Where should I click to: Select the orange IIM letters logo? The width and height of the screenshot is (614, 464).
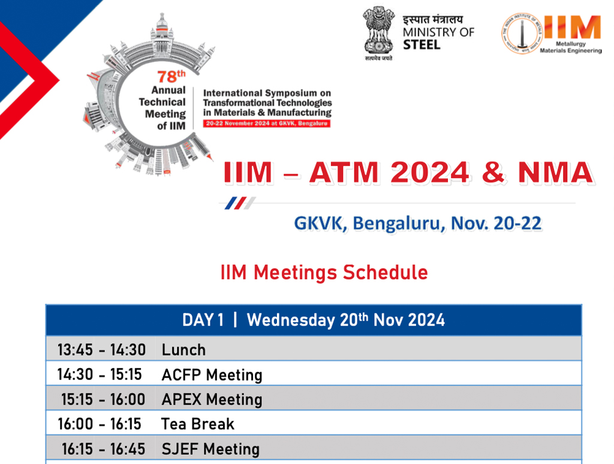pyautogui.click(x=573, y=28)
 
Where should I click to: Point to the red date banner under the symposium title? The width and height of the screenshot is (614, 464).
pyautogui.click(x=267, y=123)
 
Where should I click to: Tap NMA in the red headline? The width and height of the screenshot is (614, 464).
pyautogui.click(x=555, y=173)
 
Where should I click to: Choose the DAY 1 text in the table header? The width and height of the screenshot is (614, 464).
pyautogui.click(x=203, y=320)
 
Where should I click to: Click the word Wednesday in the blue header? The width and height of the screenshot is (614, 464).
pyautogui.click(x=291, y=320)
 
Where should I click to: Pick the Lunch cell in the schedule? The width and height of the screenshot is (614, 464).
pyautogui.click(x=183, y=349)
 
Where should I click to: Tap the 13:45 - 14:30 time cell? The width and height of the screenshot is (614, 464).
pyautogui.click(x=101, y=349)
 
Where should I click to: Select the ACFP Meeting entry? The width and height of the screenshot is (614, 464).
pyautogui.click(x=212, y=375)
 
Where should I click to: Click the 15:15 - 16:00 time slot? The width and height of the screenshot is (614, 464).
pyautogui.click(x=103, y=399)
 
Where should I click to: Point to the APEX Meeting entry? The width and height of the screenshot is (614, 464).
pyautogui.click(x=212, y=399)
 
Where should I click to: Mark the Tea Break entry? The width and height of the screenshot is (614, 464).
pyautogui.click(x=197, y=424)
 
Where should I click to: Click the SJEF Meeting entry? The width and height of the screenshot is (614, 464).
pyautogui.click(x=210, y=449)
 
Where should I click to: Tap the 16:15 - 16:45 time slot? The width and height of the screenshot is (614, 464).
pyautogui.click(x=103, y=449)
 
